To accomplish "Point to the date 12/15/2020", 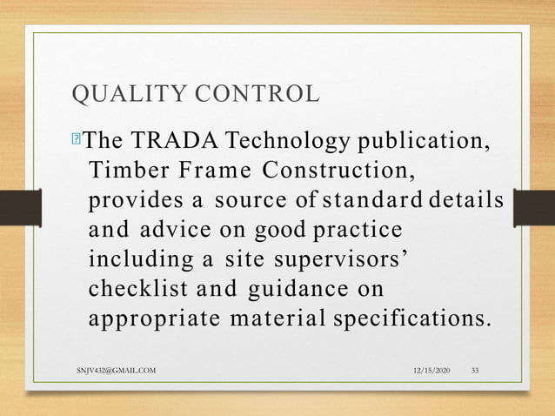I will pyautogui.click(x=434, y=372).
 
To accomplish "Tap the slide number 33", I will pyautogui.click(x=475, y=372).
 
